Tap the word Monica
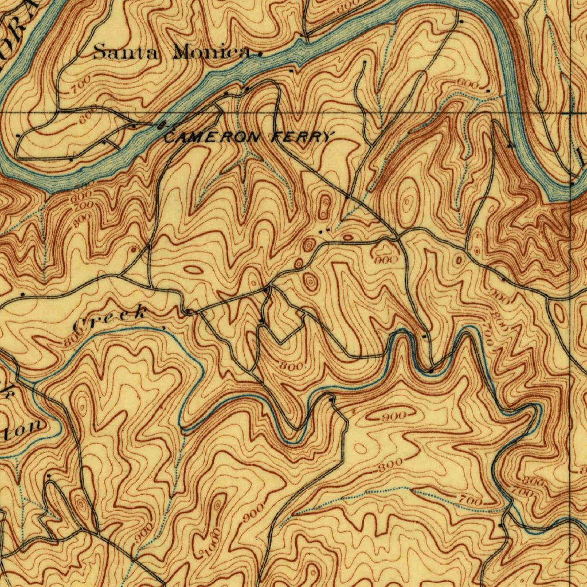213,53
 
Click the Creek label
111,318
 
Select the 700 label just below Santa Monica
81,89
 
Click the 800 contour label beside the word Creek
71,339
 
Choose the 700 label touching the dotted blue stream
470,502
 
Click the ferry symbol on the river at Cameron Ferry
162,124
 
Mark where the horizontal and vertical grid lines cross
573,113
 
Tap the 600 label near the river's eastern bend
467,84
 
